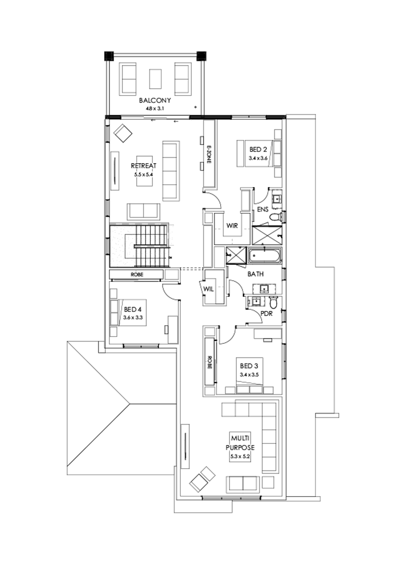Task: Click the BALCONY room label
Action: point(155,100)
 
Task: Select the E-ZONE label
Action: point(209,154)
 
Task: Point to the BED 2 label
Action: point(258,150)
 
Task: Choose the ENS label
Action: point(263,210)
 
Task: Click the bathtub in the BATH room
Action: point(265,257)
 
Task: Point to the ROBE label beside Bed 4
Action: point(136,274)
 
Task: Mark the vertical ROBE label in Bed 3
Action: point(210,362)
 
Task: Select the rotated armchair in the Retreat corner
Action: point(123,133)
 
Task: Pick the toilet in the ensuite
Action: point(274,218)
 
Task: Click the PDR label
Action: point(266,313)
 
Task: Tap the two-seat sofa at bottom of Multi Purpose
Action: point(243,483)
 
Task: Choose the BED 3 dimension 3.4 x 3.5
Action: point(249,374)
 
